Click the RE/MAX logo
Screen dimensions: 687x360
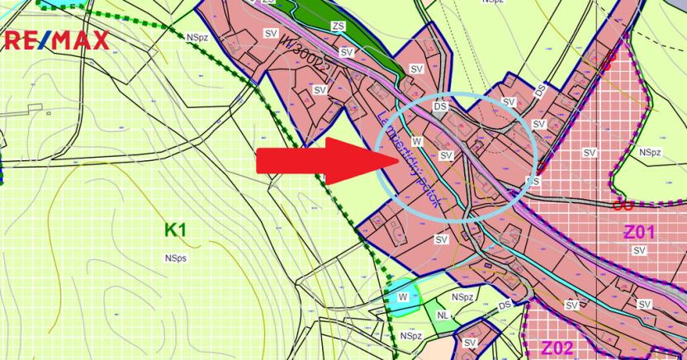(x=57, y=40)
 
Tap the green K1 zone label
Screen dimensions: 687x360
(x=175, y=230)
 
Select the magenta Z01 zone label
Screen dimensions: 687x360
(x=639, y=233)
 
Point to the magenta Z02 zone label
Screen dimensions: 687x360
(x=557, y=347)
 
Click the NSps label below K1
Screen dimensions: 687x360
(x=175, y=258)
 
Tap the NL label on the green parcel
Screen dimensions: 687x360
(x=443, y=315)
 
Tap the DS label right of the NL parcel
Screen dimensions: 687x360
(x=505, y=306)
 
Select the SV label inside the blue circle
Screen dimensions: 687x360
(x=446, y=155)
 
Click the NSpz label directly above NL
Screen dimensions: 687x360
(x=462, y=296)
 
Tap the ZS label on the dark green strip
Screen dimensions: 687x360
(x=338, y=26)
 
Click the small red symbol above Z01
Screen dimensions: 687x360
(x=616, y=204)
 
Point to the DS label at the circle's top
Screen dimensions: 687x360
(x=439, y=107)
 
